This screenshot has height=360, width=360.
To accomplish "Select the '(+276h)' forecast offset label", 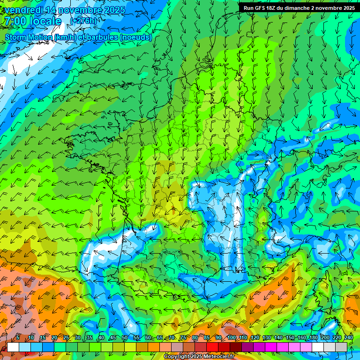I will pos(83,21).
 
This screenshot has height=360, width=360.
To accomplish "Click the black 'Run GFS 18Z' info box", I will pos(299,7).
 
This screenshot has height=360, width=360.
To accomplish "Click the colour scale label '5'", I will pos(18,338).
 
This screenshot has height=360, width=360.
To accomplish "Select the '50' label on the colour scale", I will pos(124,338).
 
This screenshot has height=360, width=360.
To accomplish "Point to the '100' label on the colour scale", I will pos(231,338).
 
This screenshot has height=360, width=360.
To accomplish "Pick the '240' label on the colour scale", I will pos(348,338).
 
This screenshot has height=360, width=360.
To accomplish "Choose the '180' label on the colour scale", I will pos(313,338).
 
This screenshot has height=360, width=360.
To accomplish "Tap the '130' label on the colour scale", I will pos(266,338).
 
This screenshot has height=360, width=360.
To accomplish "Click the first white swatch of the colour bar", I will pos(13,347).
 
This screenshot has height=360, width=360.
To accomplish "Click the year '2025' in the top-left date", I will pos(114,10).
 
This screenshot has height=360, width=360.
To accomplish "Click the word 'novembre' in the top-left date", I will pos(80,10).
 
